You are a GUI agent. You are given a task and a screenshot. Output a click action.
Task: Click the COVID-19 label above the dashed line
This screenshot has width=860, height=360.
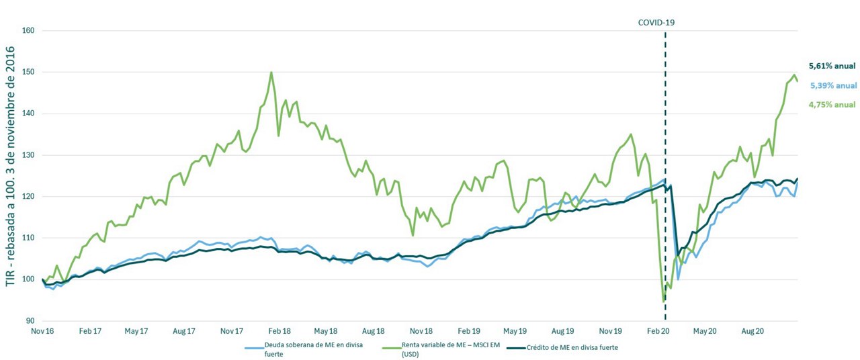[656, 22]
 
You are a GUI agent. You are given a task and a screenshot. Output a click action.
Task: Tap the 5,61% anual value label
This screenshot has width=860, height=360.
[832, 66]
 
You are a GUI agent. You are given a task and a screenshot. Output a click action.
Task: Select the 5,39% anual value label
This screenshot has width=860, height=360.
[832, 85]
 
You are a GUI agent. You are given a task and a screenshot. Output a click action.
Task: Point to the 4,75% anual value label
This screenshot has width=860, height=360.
[832, 104]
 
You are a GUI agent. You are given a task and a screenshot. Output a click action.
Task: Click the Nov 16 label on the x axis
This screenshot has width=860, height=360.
[42, 331]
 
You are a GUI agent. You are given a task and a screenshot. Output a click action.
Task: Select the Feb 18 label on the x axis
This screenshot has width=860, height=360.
[279, 331]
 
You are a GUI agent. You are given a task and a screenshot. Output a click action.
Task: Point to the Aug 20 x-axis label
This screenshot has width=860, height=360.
[752, 331]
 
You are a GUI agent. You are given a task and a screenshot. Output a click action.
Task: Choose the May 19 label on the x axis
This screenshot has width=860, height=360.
[515, 331]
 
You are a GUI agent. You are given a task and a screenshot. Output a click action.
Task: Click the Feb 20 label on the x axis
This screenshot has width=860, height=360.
[658, 331]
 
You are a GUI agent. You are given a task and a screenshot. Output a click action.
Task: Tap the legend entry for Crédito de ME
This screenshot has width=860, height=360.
[571, 347]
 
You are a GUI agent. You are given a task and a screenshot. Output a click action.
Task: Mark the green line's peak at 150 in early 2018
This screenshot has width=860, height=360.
[271, 73]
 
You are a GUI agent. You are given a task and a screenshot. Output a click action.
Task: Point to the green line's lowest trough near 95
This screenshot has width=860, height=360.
[664, 300]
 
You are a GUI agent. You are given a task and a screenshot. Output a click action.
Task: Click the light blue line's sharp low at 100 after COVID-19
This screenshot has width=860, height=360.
[679, 279]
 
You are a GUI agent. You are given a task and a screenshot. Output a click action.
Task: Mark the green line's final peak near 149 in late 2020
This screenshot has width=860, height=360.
[793, 75]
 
